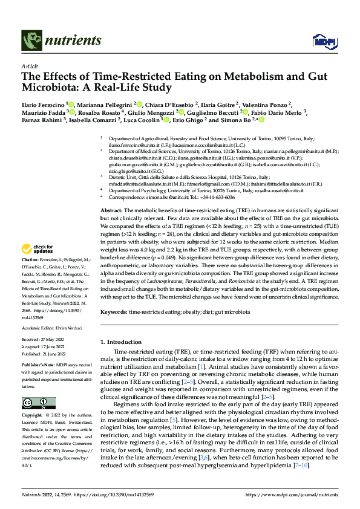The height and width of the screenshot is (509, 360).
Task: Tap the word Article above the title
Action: click(29, 66)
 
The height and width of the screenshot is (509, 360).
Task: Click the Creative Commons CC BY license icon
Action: click(36, 404)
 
